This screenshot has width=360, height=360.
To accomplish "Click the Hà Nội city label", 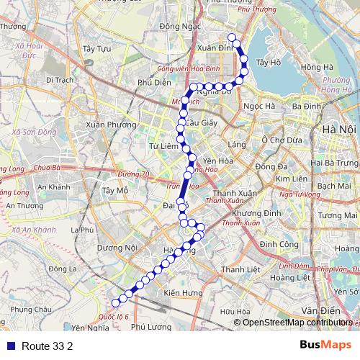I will (x=340, y=129).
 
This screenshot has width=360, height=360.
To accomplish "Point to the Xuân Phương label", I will (x=110, y=125).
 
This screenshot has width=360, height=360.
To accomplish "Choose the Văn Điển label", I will (x=316, y=310).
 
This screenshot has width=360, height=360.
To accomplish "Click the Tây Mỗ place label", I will (x=114, y=191).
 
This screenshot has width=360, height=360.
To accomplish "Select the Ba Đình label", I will (x=307, y=106).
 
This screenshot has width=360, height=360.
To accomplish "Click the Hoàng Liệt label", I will (x=295, y=277).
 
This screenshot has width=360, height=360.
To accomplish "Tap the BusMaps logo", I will (x=325, y=345).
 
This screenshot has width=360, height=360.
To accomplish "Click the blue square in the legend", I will (x=9, y=346).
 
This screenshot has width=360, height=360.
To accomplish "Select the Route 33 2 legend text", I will (x=47, y=346).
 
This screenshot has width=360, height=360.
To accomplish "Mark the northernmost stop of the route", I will (x=231, y=37).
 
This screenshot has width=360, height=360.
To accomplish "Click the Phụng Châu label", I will (x=32, y=309).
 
